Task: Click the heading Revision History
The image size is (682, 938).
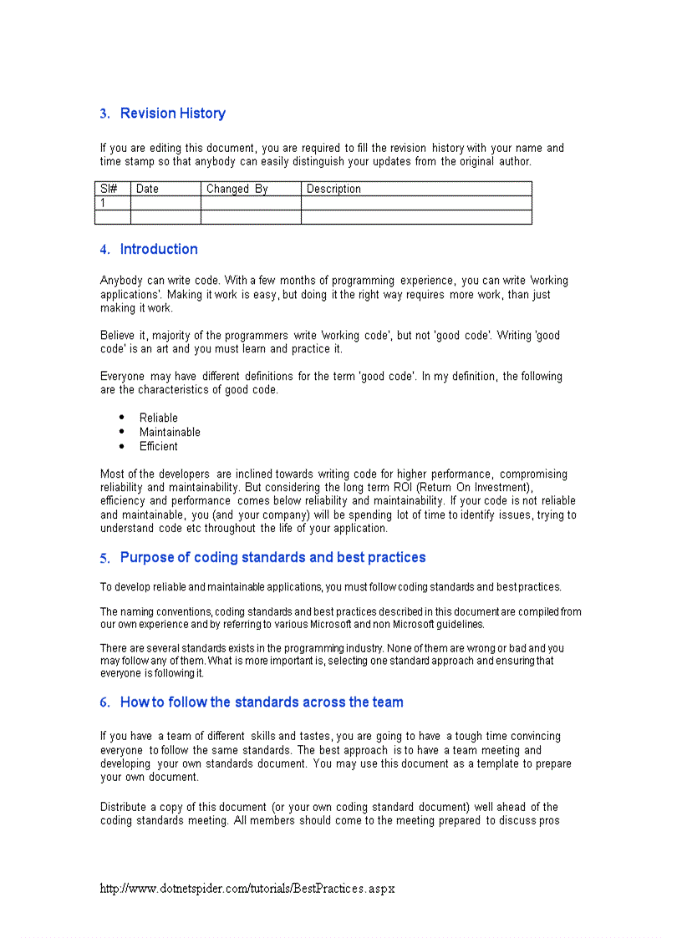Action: click(x=172, y=114)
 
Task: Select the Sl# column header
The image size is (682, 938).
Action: click(x=109, y=189)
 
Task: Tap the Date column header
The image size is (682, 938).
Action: click(x=147, y=189)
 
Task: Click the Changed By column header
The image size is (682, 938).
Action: click(x=237, y=189)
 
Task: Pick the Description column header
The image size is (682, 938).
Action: click(x=333, y=189)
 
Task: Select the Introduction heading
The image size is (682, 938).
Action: click(x=159, y=249)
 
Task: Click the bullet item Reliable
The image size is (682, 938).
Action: click(x=159, y=418)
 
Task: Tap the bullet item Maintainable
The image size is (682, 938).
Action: click(x=170, y=432)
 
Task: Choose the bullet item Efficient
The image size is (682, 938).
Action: click(x=159, y=446)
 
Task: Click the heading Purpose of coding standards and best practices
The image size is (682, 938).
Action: click(x=272, y=557)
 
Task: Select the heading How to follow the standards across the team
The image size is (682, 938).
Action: click(x=262, y=702)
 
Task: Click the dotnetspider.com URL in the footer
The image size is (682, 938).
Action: click(x=247, y=889)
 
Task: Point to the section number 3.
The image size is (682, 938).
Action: click(x=104, y=114)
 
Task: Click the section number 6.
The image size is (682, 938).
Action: click(x=104, y=703)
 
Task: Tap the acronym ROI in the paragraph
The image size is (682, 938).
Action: click(x=404, y=488)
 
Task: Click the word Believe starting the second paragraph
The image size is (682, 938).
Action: click(x=119, y=336)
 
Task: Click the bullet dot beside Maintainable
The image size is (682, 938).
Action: click(x=122, y=431)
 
